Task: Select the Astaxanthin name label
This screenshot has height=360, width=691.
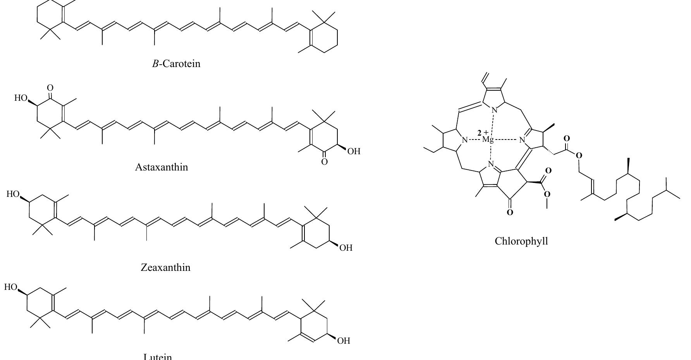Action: pyautogui.click(x=162, y=167)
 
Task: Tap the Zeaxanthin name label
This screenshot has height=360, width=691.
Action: pyautogui.click(x=165, y=267)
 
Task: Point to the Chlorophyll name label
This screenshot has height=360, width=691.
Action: pyautogui.click(x=521, y=241)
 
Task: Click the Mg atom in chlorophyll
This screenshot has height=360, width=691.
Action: pyautogui.click(x=488, y=140)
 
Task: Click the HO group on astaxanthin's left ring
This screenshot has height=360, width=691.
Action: pyautogui.click(x=21, y=98)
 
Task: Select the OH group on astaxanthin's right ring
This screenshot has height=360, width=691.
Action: pyautogui.click(x=354, y=151)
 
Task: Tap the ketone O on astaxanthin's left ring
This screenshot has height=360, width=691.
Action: pyautogui.click(x=50, y=88)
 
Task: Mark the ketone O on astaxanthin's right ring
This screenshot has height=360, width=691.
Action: pyautogui.click(x=324, y=162)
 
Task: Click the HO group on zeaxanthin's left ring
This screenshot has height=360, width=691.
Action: pyautogui.click(x=13, y=194)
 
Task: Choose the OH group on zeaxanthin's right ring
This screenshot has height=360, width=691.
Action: pyautogui.click(x=345, y=248)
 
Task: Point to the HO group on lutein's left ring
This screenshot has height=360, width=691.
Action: pyautogui.click(x=11, y=287)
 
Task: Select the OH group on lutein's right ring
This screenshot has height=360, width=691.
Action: pyautogui.click(x=344, y=341)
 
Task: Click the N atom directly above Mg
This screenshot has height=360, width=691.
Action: pyautogui.click(x=494, y=110)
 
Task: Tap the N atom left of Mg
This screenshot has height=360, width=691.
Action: pyautogui.click(x=466, y=140)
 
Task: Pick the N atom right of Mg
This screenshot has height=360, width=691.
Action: pyautogui.click(x=522, y=140)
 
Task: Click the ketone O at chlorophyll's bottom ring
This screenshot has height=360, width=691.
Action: pyautogui.click(x=510, y=212)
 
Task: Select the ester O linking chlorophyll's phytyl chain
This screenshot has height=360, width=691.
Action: pyautogui.click(x=579, y=156)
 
